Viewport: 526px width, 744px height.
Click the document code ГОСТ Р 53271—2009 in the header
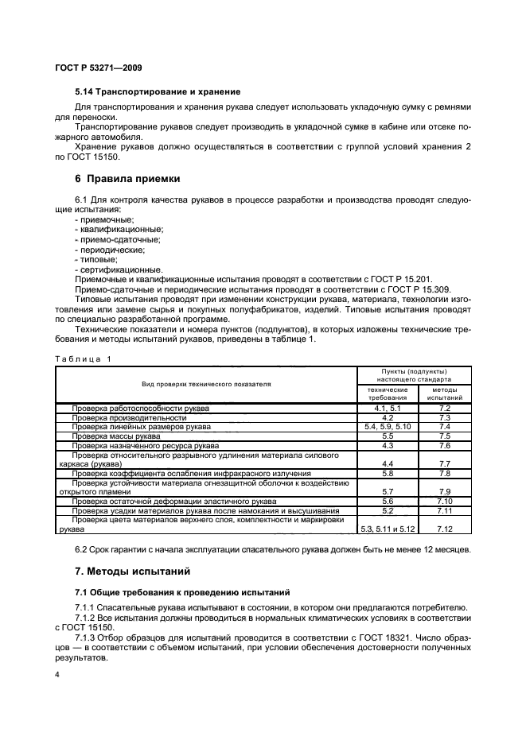pyautogui.click(x=98, y=68)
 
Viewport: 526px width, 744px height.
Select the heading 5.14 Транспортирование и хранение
pyautogui.click(x=157, y=91)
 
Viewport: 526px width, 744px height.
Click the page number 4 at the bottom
pyautogui.click(x=57, y=675)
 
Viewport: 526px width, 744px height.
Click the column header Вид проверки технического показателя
pyautogui.click(x=206, y=384)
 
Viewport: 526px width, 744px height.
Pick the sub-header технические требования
pyautogui.click(x=387, y=393)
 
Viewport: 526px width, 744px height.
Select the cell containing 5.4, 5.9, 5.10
pyautogui.click(x=387, y=427)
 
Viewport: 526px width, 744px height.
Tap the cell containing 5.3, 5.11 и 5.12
pyautogui.click(x=387, y=529)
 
